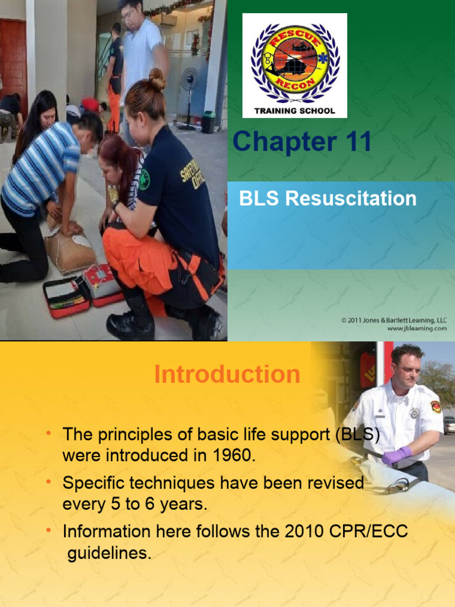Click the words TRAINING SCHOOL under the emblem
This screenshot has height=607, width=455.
coord(294,111)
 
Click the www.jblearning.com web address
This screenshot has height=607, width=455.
coord(417,328)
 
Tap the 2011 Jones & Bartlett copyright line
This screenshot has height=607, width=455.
coord(394,320)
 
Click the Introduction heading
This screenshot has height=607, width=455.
coord(227,375)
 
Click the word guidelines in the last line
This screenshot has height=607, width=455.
coord(109,553)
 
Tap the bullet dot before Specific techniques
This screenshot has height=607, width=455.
coord(49,483)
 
